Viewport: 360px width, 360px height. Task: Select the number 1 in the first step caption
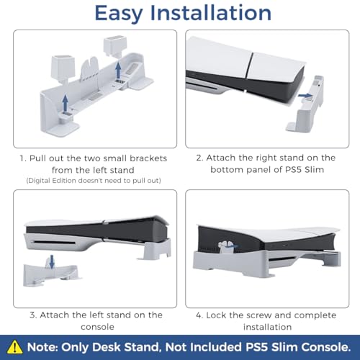[x=23, y=158]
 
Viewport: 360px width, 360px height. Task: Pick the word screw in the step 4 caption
[x=270, y=315]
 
